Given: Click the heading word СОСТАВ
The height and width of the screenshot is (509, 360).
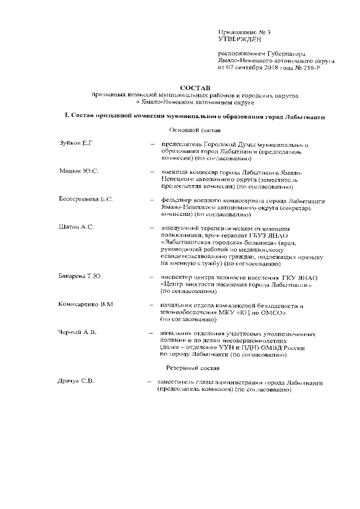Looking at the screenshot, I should [193, 88].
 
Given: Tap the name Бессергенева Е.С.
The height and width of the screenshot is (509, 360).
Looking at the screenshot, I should [86, 200].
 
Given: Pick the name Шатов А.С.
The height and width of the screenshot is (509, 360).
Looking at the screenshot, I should [76, 227].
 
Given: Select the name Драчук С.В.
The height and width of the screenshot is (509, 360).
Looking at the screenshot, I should [75, 382].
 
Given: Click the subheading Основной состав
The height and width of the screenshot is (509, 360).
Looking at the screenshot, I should [193, 130].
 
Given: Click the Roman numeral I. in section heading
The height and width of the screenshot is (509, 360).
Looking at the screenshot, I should [67, 116].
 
